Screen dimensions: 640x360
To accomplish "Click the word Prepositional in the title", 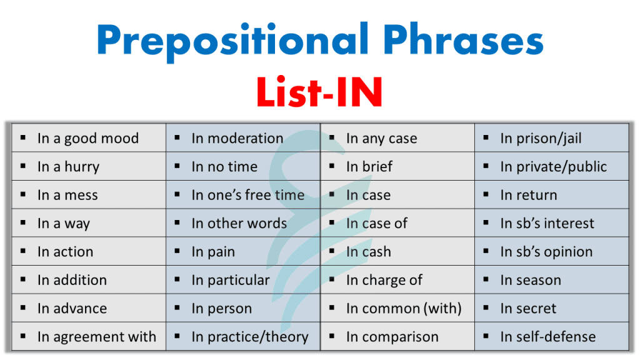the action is (x=232, y=41).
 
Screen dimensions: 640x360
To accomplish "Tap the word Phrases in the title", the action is (x=463, y=39).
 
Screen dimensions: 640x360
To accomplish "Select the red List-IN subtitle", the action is (x=319, y=92).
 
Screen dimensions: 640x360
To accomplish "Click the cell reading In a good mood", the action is (x=88, y=138).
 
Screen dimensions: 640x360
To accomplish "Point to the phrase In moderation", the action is (x=237, y=138).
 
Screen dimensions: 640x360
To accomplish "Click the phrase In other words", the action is (x=239, y=223).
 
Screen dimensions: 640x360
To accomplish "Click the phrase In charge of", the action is (x=384, y=281).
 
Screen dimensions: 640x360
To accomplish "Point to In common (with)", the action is (x=404, y=309).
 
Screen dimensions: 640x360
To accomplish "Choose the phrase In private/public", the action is (x=554, y=167).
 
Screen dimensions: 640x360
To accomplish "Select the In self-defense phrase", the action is (x=548, y=337).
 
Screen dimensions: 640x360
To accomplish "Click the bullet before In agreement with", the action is (x=23, y=336).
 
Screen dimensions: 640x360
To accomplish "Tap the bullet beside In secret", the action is (x=486, y=308).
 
